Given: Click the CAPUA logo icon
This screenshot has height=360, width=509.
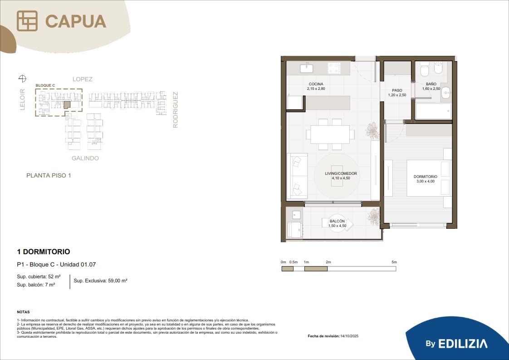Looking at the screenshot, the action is [x=27, y=21].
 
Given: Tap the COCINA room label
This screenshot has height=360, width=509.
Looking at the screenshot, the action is [x=316, y=84].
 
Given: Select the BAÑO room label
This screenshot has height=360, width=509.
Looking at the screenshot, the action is [x=431, y=84].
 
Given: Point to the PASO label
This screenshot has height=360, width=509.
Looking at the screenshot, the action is [x=397, y=91].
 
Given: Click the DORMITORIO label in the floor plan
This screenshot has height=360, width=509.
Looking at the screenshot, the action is [x=425, y=177].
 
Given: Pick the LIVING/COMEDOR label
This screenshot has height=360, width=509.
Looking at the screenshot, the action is [x=341, y=173].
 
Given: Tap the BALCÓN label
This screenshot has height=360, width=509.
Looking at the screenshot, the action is [x=337, y=221].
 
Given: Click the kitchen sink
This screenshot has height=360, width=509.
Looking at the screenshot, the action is [x=306, y=68].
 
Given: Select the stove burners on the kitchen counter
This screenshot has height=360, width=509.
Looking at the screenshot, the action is [x=334, y=68].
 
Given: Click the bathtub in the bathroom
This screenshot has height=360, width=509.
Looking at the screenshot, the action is [x=433, y=111].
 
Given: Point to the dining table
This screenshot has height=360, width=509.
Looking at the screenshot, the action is [x=330, y=134].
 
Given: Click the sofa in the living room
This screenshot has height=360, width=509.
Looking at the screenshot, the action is [x=297, y=176].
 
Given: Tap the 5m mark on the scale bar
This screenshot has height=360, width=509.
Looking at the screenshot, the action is [x=394, y=262].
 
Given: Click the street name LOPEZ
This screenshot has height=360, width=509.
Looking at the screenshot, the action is [x=83, y=79].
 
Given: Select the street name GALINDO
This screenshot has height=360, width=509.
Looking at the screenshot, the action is [x=85, y=158].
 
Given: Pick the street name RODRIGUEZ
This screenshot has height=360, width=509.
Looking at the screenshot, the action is [x=175, y=110].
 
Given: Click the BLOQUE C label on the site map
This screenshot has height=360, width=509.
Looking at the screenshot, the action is [x=45, y=85].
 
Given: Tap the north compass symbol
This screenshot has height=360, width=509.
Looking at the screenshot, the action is [x=22, y=78].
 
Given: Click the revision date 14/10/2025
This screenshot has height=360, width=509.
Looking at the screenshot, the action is [x=349, y=336].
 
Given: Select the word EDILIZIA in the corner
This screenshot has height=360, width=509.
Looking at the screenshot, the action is [x=463, y=344].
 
